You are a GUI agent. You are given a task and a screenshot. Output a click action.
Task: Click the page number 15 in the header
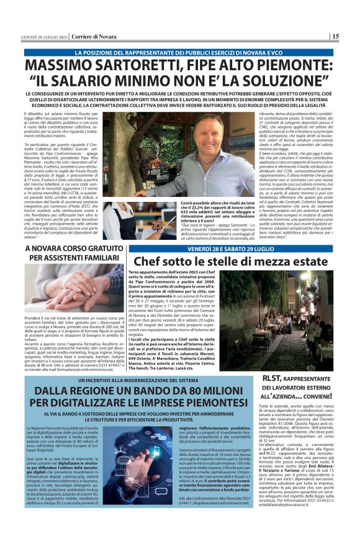point(335,37)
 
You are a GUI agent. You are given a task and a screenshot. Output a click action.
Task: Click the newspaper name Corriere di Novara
point(93,37)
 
